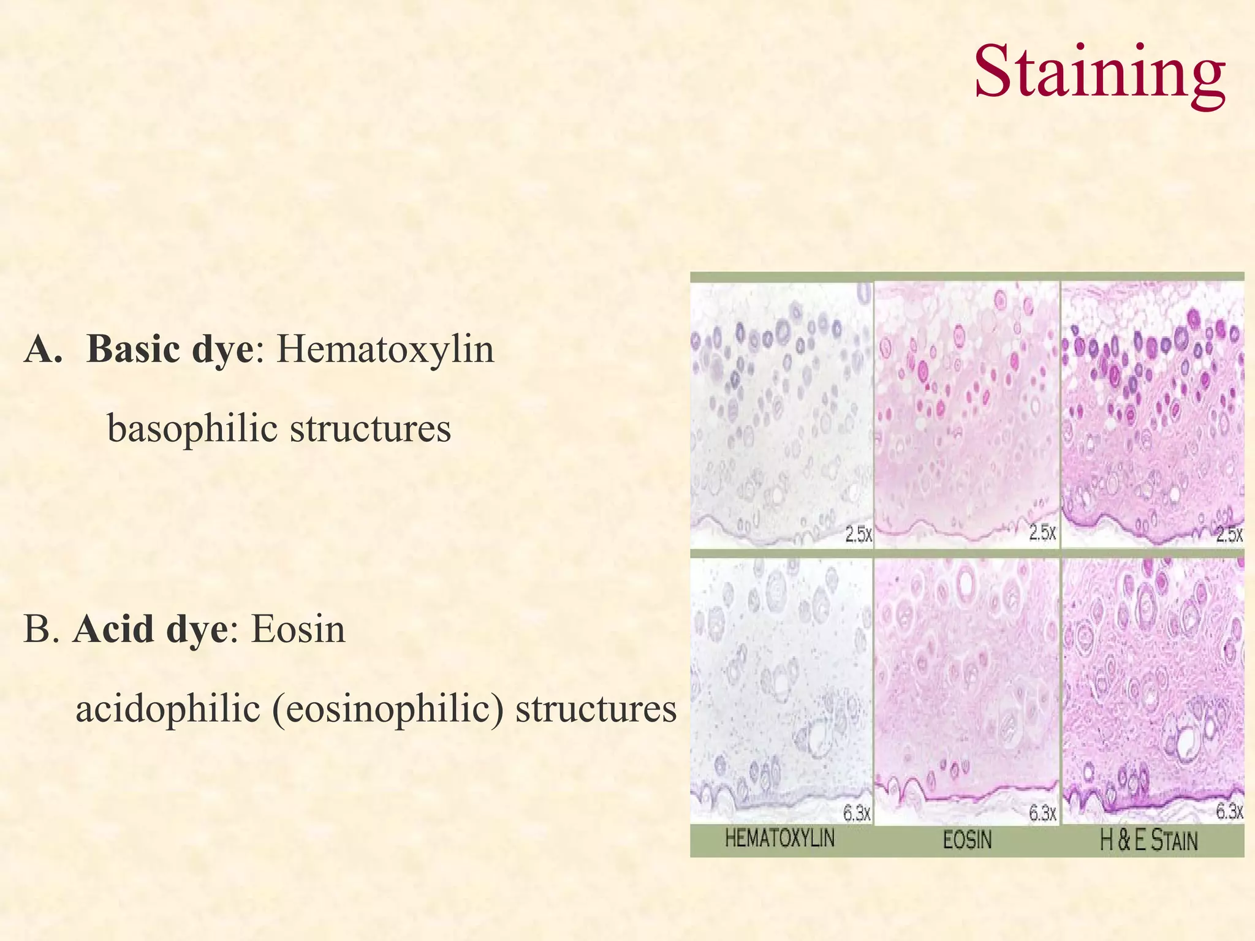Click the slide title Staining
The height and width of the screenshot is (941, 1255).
(1100, 72)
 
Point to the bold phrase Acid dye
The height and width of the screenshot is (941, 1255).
(150, 629)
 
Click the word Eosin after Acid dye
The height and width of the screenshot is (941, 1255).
(298, 629)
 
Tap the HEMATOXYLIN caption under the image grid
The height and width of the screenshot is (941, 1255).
(779, 837)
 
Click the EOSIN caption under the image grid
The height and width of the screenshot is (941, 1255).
(967, 839)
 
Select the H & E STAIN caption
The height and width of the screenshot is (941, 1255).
(1148, 839)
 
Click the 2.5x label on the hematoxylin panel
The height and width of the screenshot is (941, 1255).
(859, 535)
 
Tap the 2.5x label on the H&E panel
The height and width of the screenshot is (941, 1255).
(1229, 534)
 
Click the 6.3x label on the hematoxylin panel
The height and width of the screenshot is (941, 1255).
(857, 813)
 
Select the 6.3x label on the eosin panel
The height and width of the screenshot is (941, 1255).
(1042, 813)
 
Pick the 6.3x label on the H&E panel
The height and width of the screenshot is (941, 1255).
(1229, 812)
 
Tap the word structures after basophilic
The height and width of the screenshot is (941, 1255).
(370, 428)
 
